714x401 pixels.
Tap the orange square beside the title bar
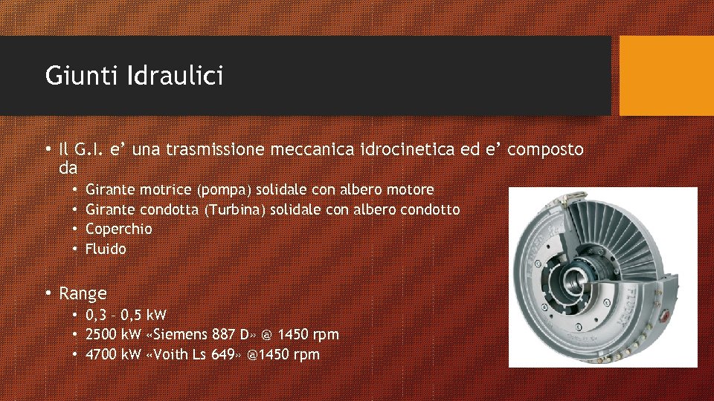click(x=666, y=76)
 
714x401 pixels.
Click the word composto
click(x=546, y=149)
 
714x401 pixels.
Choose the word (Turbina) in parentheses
click(x=234, y=210)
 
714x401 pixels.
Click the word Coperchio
click(x=118, y=229)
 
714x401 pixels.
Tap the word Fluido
click(x=106, y=249)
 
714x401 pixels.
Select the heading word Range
click(x=83, y=293)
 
